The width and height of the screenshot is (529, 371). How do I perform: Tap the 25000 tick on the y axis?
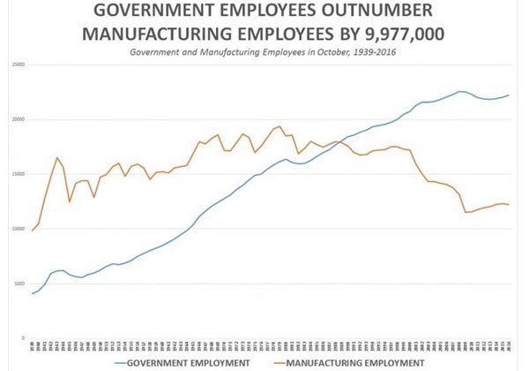tap(18, 64)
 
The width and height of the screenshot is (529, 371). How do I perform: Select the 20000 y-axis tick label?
tap(18, 119)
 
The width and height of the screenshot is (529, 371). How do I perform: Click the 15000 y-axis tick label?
tap(18, 174)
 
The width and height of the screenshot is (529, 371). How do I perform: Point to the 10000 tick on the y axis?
tap(18, 229)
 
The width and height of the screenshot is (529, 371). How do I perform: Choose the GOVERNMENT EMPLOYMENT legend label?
tap(190, 362)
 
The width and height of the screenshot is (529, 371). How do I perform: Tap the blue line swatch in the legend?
tap(127, 362)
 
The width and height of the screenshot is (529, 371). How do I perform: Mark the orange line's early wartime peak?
tap(57, 157)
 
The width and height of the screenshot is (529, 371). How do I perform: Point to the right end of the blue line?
tap(509, 95)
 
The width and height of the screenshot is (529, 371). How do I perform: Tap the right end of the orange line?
tap(509, 205)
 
